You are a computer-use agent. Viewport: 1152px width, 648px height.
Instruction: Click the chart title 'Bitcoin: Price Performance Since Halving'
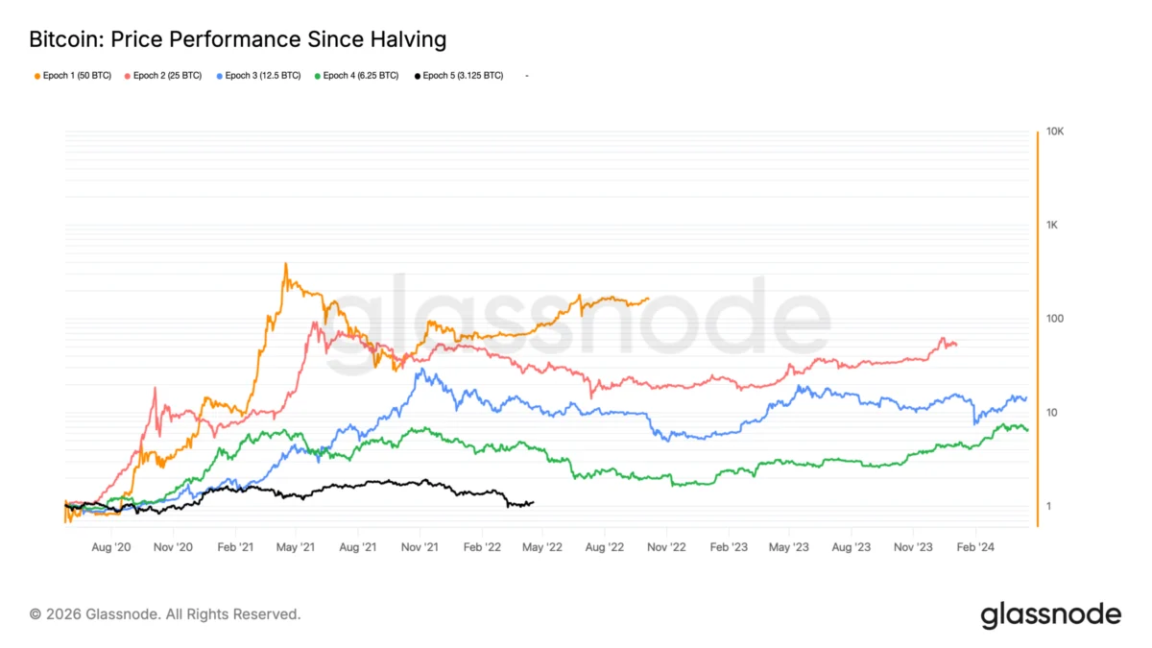238,39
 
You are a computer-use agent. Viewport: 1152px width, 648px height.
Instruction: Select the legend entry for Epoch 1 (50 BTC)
73,75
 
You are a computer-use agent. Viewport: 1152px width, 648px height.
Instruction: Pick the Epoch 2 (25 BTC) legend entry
163,75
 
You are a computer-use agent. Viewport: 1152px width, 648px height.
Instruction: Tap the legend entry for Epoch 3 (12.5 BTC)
259,75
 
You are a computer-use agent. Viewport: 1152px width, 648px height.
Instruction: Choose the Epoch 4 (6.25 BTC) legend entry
357,75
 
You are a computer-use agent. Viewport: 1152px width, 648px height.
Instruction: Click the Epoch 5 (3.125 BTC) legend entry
459,75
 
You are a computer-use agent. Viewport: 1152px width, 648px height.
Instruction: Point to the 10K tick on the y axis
1055,132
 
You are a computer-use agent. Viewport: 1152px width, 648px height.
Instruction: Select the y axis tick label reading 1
1048,506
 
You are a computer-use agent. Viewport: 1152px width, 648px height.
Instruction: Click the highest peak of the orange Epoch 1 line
286,264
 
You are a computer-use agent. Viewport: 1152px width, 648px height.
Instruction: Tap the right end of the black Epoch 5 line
533,502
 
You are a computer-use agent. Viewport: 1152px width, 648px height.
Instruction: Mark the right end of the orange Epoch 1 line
648,299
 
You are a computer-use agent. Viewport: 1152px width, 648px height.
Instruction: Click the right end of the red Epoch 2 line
956,345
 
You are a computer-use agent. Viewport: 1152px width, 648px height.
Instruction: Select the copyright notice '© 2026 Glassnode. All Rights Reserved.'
165,613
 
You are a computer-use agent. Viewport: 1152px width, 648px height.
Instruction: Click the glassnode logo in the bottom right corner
1050,614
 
